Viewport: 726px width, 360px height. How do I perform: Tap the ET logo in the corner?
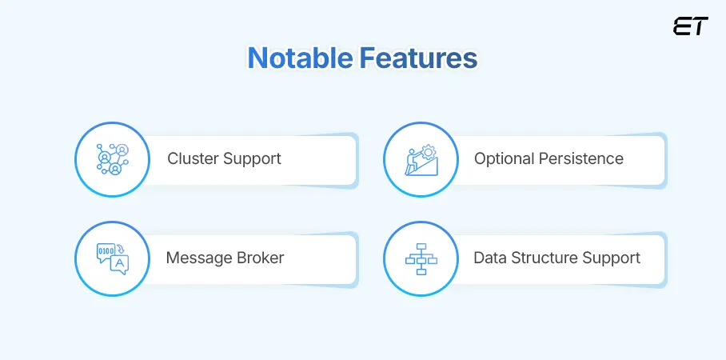[690, 26]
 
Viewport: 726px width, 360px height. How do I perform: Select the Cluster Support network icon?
[112, 159]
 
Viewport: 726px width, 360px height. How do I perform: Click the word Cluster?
[193, 158]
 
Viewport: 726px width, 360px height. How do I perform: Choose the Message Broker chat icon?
[112, 258]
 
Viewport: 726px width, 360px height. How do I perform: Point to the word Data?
[489, 258]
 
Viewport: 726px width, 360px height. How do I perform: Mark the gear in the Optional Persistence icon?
[429, 150]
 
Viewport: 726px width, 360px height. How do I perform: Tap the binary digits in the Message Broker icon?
[106, 250]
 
